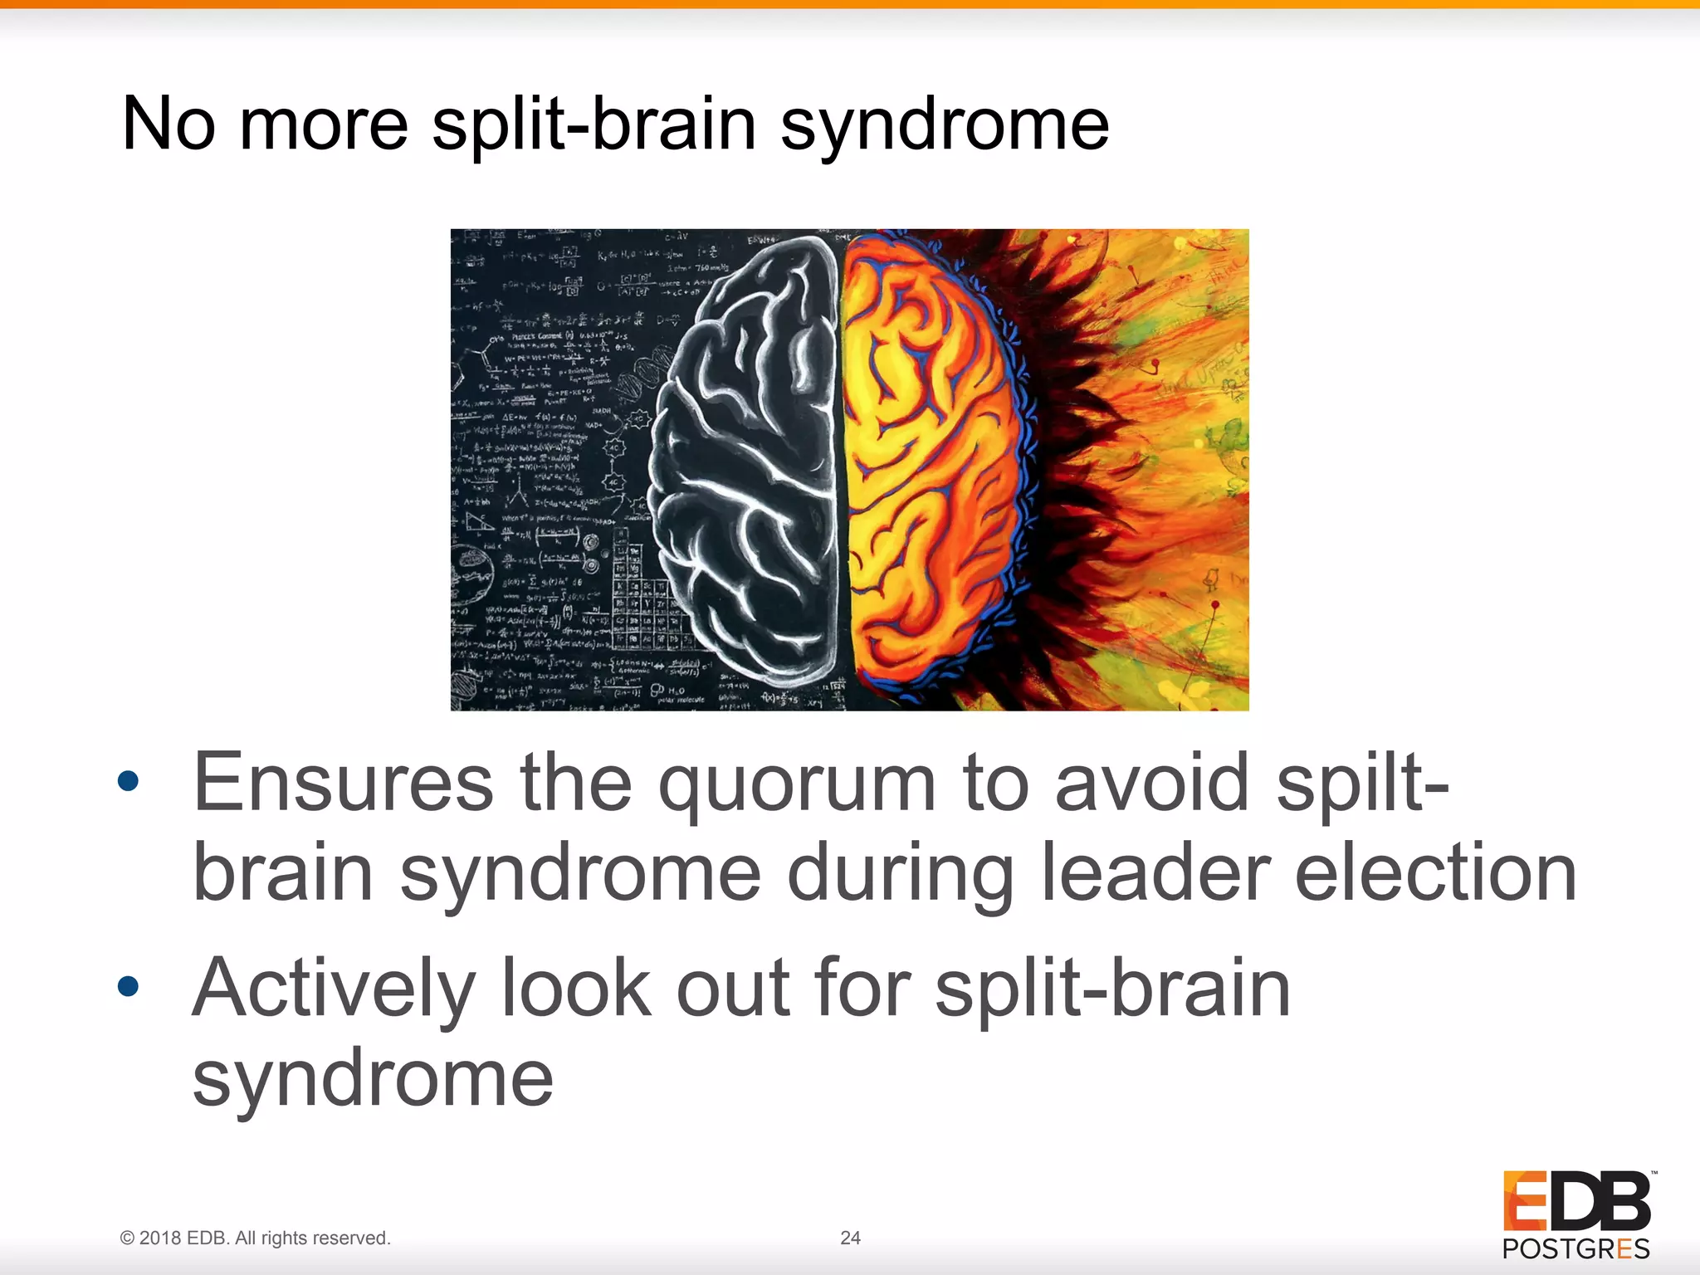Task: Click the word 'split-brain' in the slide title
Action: [593, 125]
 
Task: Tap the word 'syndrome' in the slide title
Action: [944, 125]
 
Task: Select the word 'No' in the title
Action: [169, 125]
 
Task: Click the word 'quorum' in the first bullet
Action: [796, 784]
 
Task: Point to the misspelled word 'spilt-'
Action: [1362, 784]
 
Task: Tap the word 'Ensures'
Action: [343, 784]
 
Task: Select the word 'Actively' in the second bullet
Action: [333, 989]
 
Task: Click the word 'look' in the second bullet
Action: [576, 989]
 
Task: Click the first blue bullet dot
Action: [128, 781]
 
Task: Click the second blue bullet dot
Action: [128, 986]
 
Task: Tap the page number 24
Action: [850, 1238]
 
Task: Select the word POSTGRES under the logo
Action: [1575, 1249]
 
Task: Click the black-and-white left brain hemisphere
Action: [747, 465]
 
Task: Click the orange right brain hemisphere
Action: [930, 465]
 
